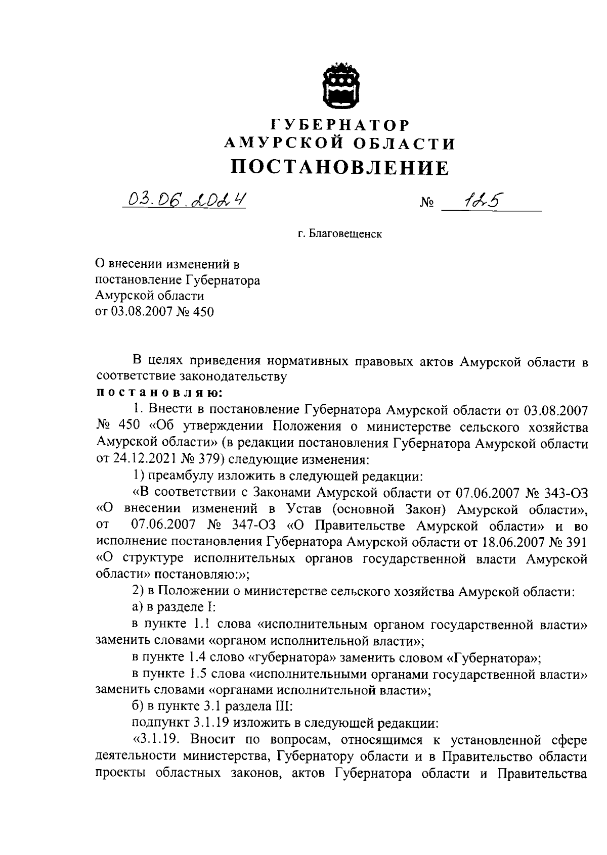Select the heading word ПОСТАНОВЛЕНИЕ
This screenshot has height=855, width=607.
[x=340, y=167]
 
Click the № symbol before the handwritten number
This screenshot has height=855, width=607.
[x=426, y=204]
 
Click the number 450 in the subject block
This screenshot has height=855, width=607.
[x=202, y=312]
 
